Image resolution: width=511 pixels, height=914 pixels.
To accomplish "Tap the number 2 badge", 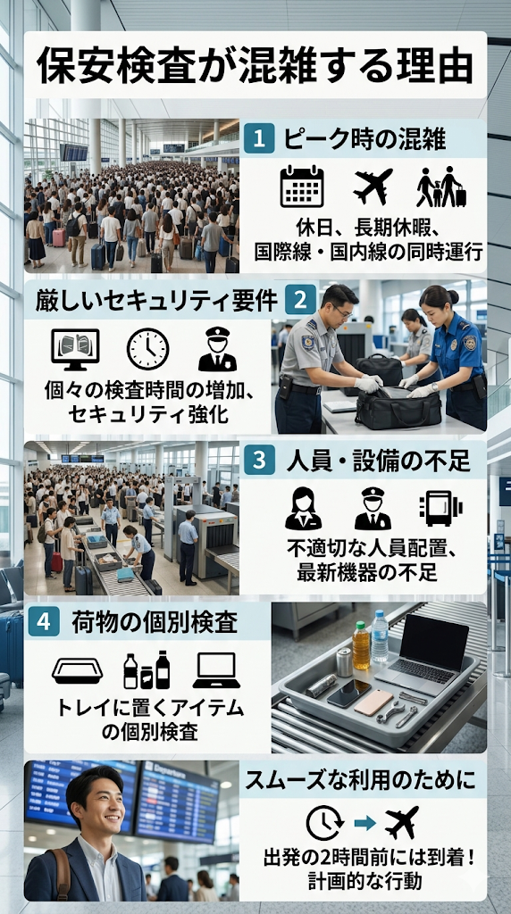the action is pos(300,299).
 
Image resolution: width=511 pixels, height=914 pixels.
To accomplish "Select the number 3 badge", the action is pos(260,461).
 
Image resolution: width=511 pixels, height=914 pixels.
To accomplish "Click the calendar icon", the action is pos(302,187).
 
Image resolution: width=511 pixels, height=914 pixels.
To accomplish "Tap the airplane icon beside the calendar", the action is pos(373,186).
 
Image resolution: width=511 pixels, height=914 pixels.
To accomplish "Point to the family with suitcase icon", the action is pos(441,187).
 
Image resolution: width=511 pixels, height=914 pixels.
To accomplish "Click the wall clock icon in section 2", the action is pos(147,349).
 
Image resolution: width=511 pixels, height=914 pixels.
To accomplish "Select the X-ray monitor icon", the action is pos(75,350).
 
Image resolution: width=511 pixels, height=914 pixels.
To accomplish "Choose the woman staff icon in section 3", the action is pos(304,508).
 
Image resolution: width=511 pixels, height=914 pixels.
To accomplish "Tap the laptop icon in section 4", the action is pos(216,670).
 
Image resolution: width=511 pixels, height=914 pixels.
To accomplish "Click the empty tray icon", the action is pos(78,671).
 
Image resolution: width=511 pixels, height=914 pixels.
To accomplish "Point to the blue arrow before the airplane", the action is pos(365,822).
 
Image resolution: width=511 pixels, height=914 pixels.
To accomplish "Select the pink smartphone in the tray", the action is pos(373,702).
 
